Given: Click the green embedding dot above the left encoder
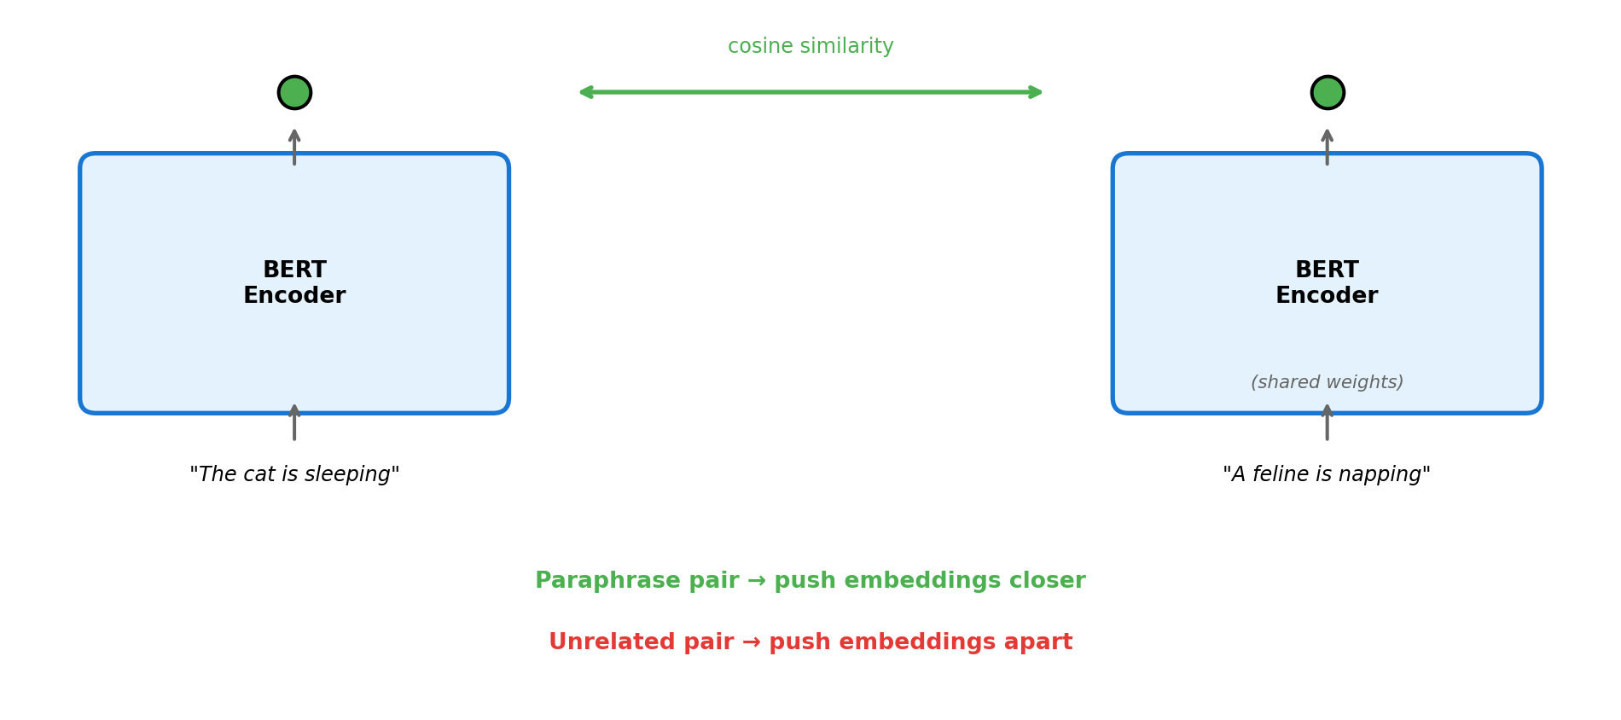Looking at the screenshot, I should point(294,92).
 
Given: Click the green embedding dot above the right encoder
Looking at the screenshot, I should point(1328,92).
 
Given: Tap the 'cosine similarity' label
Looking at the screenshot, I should point(810,47).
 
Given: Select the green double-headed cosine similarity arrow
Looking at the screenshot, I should point(810,92).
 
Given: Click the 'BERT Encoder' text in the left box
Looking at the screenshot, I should point(294,283).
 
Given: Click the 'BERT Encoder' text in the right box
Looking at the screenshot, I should point(1327,283).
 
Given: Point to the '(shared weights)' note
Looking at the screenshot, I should point(1327,383).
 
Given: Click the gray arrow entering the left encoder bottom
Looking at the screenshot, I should point(294,423).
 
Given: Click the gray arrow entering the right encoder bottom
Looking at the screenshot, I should point(1328,423).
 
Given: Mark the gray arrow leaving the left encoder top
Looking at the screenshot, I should point(294,146).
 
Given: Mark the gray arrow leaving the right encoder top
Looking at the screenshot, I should point(1328,146).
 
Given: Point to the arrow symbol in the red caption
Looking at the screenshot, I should point(752,642).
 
